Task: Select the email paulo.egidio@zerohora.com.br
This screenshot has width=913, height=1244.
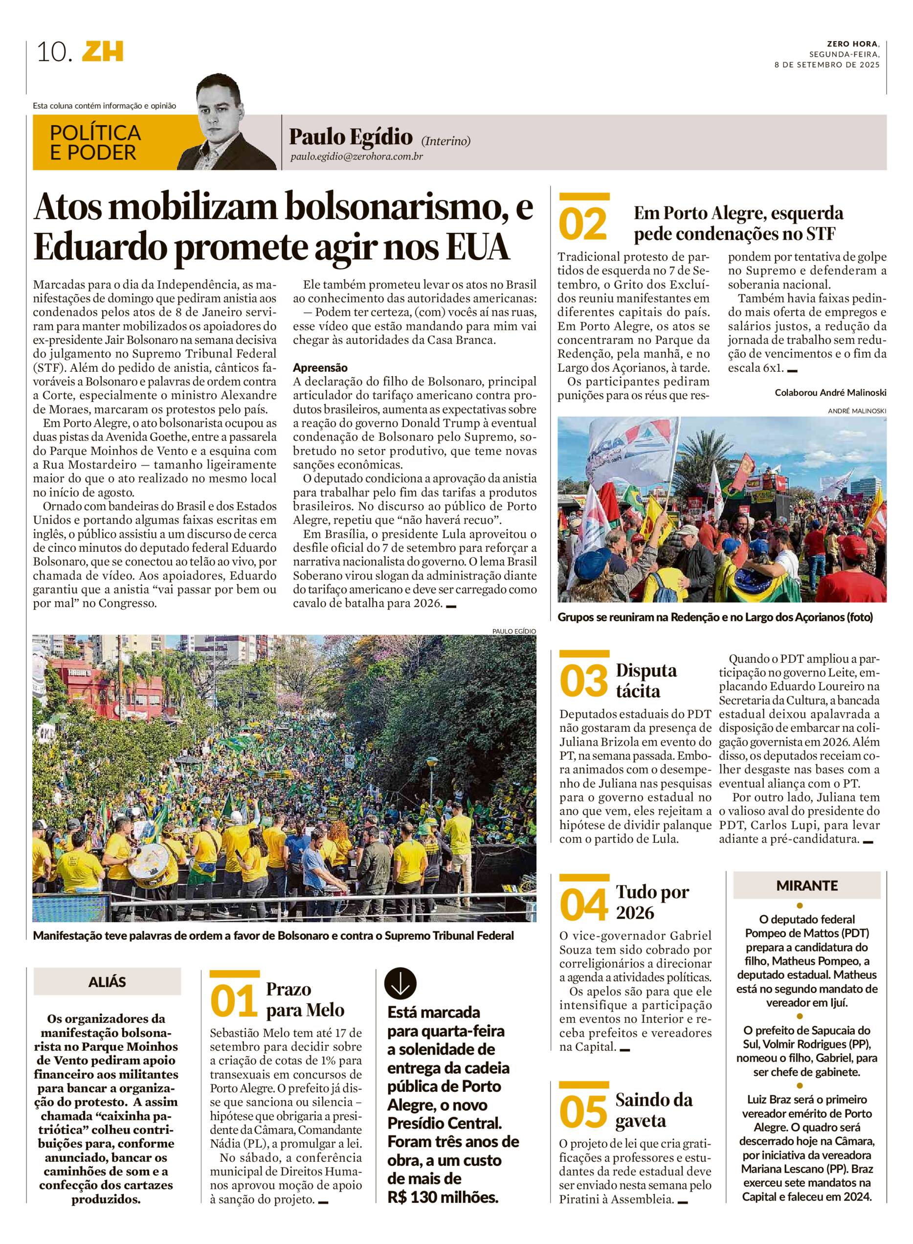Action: (x=356, y=157)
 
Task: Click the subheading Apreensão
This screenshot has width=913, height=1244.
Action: (x=320, y=367)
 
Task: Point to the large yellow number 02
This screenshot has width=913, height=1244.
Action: (x=583, y=225)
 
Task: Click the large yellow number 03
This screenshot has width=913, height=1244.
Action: (x=583, y=682)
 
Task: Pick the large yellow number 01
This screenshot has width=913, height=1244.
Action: (x=234, y=1002)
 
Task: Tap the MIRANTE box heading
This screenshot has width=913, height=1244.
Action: (x=806, y=885)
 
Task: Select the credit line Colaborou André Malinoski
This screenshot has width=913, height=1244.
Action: (x=830, y=392)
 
